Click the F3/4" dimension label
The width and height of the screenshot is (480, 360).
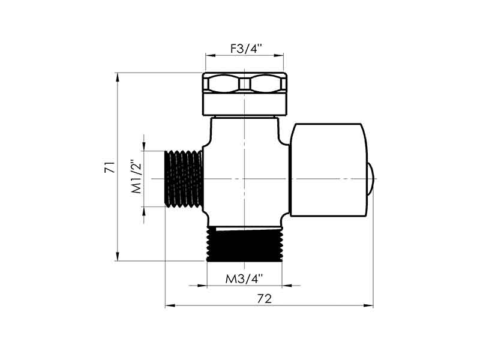point(246,49)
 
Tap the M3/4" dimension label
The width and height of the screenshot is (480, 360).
point(244,279)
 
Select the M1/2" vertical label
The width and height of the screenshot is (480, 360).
point(137,176)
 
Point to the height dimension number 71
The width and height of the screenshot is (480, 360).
point(110,167)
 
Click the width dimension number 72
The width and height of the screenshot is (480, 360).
point(264,298)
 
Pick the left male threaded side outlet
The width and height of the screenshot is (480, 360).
point(184,179)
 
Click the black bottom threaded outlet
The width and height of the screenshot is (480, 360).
point(245,244)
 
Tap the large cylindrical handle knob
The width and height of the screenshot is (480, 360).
point(328,170)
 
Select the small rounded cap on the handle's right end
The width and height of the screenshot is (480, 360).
point(370,179)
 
